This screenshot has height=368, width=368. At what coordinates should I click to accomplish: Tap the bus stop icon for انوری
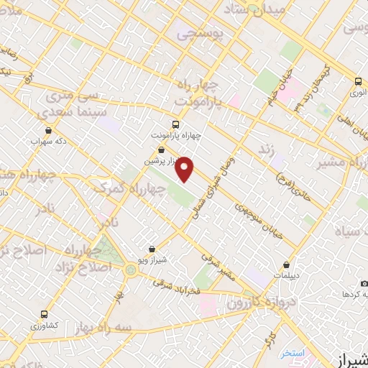coord(358,81)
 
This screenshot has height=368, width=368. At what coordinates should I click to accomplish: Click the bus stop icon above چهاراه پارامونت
coord(177,123)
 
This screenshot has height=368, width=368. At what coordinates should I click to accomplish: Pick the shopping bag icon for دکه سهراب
coord(47,130)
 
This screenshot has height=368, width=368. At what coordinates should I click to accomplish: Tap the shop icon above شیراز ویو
coord(151,249)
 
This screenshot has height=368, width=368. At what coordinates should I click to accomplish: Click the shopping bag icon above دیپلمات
coord(287,264)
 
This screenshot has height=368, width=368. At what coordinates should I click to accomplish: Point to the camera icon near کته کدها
coord(364,283)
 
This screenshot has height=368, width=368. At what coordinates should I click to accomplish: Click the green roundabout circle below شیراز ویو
coord(130,270)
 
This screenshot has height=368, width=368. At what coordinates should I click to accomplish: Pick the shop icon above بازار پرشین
coord(160,149)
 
